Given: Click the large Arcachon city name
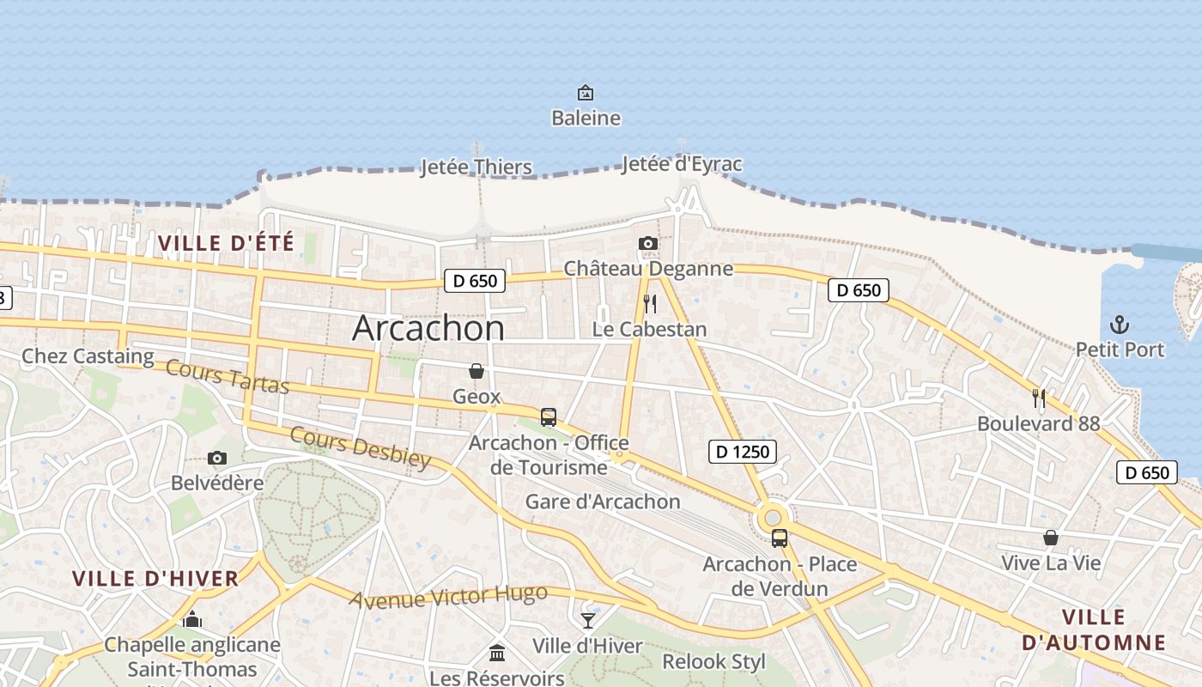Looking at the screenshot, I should coord(428,328).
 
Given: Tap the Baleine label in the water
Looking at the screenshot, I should coord(586,118).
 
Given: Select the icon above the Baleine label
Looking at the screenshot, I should coord(586,92).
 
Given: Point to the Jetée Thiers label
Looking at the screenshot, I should coord(477,167).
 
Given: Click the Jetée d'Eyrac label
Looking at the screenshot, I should coord(682,164).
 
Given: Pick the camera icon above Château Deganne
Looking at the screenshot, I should coord(648,244).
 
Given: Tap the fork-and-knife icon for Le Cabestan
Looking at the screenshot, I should coord(650,304).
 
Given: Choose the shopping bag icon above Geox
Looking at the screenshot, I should coord(477,371).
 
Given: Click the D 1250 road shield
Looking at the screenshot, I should coord(743,451).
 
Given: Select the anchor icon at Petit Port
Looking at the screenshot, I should coord(1120,325).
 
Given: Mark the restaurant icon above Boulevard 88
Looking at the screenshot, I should coord(1039,398).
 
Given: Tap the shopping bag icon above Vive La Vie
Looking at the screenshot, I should coord(1050,538).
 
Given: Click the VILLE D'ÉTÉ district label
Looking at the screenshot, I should coord(226,243).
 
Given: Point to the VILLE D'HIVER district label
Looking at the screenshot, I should coord(155,578).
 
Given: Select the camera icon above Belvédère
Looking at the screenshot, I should coord(217,458).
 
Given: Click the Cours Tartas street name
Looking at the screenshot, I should coord(227,377).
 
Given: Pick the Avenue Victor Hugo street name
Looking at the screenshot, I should coord(448,596).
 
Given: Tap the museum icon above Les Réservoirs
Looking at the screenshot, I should coord(497,653).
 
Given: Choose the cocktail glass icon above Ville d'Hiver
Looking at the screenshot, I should coord(588,620).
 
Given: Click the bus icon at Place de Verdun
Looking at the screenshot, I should coord(780,538).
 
